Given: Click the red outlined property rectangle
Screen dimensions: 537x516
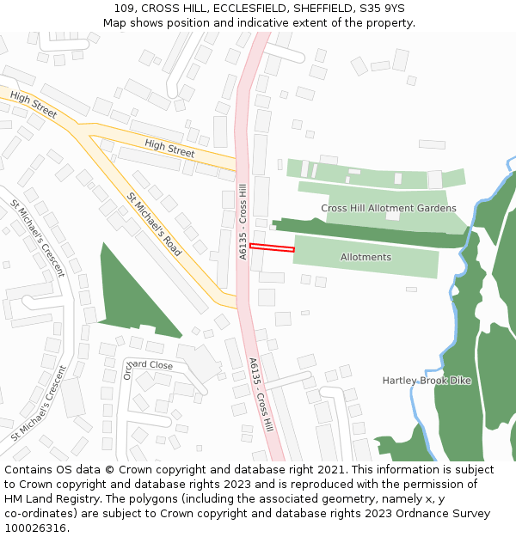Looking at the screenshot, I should [x=272, y=247].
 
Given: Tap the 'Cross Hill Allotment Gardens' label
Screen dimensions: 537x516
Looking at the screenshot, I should [x=389, y=208].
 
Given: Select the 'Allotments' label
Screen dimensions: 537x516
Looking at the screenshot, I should [x=365, y=257].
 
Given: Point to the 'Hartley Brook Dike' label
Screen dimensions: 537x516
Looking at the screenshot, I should [x=427, y=380].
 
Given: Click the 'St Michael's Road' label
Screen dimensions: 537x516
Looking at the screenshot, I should [x=155, y=224].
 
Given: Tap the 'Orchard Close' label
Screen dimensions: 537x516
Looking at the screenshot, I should [x=148, y=365].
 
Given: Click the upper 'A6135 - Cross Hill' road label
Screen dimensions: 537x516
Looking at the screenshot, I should [x=243, y=221].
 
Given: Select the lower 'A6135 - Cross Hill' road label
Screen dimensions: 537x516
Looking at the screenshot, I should [x=261, y=394].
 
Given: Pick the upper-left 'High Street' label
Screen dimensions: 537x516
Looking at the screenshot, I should [x=34, y=107].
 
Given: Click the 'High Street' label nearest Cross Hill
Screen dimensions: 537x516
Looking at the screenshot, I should [x=169, y=148].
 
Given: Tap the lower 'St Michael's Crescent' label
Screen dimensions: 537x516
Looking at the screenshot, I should [x=39, y=403].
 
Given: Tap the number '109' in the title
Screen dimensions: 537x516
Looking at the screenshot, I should [x=124, y=9].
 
